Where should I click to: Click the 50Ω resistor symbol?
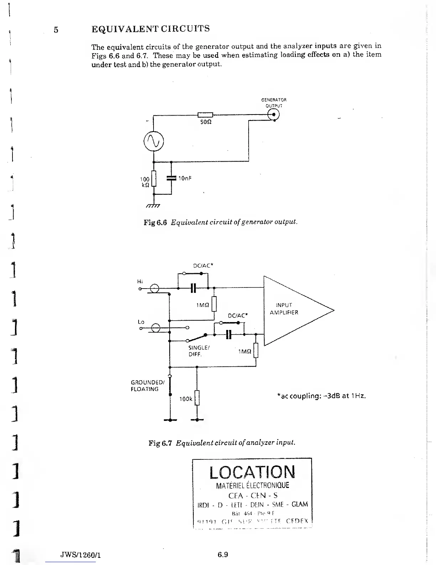click(205, 115)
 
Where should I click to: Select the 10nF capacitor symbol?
click(171, 178)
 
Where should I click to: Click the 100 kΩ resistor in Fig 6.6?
click(154, 179)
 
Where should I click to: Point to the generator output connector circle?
click(274, 115)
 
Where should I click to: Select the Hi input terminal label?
click(140, 281)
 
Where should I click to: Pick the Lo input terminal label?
click(141, 322)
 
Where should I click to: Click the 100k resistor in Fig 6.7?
click(197, 398)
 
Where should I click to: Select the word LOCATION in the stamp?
click(252, 472)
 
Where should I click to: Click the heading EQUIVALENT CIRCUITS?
click(150, 29)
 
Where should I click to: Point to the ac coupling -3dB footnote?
click(321, 396)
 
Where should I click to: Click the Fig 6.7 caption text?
click(222, 443)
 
